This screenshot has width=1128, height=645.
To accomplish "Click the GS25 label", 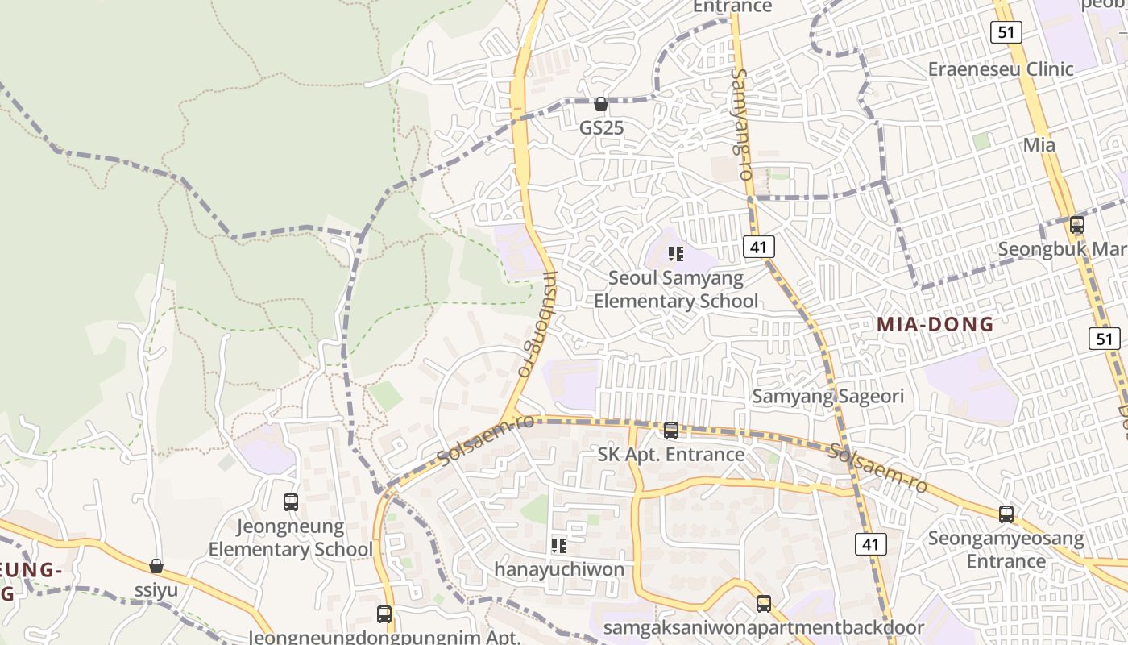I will pyautogui.click(x=601, y=127).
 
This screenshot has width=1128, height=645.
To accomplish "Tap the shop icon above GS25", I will pyautogui.click(x=601, y=104).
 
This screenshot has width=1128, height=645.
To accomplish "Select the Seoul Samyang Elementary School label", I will pyautogui.click(x=676, y=289).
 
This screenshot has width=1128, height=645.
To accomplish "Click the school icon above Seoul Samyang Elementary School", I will pyautogui.click(x=676, y=255).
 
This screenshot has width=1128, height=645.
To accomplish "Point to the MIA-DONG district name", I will pyautogui.click(x=935, y=325).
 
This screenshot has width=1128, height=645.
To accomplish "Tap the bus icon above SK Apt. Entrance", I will pyautogui.click(x=671, y=431).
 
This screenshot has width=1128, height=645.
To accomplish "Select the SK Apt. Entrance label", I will pyautogui.click(x=671, y=454).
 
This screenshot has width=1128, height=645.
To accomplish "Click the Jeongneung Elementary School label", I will pyautogui.click(x=291, y=539).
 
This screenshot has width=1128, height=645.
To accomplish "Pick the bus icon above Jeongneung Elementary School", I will pyautogui.click(x=291, y=502).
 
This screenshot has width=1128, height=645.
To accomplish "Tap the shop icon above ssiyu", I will pyautogui.click(x=156, y=567).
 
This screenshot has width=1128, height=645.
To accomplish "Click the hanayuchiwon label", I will pyautogui.click(x=559, y=569).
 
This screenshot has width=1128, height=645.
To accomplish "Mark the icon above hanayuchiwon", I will pyautogui.click(x=559, y=546).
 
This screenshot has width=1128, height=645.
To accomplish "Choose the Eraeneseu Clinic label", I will pyautogui.click(x=1001, y=69).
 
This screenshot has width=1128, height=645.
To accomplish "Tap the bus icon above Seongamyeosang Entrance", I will pyautogui.click(x=1006, y=514).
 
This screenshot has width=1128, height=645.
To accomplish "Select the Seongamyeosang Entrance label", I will pyautogui.click(x=1006, y=549).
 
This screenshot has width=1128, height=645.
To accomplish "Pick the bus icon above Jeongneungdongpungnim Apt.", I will pyautogui.click(x=384, y=614).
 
